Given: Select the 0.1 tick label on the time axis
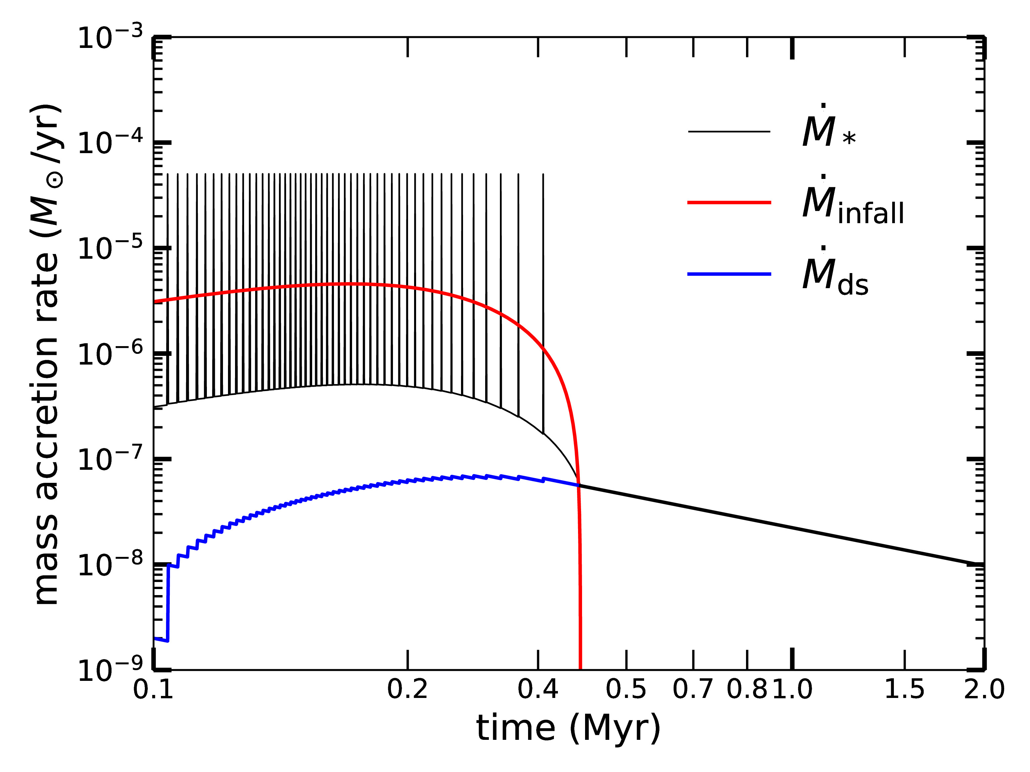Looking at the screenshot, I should click(153, 689).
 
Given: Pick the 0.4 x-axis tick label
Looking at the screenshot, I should click(538, 689).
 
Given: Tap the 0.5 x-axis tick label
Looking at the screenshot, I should click(626, 689).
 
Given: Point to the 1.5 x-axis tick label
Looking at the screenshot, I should click(904, 689).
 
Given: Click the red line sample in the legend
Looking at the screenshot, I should click(729, 202).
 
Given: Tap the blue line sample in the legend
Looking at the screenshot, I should click(729, 274).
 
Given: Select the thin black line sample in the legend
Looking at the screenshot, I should click(729, 132).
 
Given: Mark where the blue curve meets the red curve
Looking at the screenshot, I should click(578, 486).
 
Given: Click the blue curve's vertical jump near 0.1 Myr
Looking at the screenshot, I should click(168, 602).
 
